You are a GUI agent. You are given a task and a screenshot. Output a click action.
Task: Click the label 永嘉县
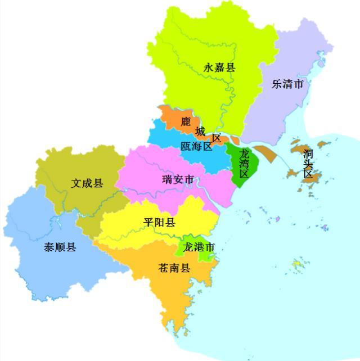coord(219,68)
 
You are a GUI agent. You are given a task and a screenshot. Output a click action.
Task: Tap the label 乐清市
coord(287,84)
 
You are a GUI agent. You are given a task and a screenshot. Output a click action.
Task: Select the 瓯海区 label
coord(196,147)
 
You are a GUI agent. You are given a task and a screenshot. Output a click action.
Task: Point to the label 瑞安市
coord(178,180)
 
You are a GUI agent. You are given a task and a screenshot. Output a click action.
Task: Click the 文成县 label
coord(87,183)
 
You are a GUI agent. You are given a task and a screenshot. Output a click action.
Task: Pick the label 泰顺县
coord(60,247)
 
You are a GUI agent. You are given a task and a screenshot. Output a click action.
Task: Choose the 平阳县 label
coord(159,222)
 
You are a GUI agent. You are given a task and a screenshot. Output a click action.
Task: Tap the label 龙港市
coord(199,247)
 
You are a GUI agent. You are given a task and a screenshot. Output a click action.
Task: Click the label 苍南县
coord(174,268)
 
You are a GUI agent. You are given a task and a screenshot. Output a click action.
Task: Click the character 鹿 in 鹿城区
coord(186,121)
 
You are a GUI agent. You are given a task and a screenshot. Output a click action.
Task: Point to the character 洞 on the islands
coord(308,153)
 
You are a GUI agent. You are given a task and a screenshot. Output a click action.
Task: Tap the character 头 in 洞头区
coord(308,164)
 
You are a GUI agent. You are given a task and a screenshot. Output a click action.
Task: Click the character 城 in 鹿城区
coord(200,132)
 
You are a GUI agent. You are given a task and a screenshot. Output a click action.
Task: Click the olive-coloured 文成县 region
coord(67,169)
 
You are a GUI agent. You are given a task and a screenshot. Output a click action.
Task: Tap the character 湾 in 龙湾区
coord(244,163)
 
